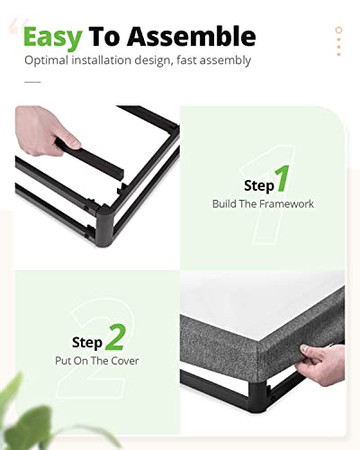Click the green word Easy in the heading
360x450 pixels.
pyautogui.click(x=53, y=38)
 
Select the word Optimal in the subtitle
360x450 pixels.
pyautogui.click(x=46, y=60)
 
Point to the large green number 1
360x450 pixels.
pyautogui.click(x=283, y=178)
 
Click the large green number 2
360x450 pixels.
pyautogui.click(x=115, y=337)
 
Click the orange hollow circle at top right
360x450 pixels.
pyautogui.click(x=339, y=30)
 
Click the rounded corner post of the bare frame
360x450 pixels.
pyautogui.click(x=104, y=226)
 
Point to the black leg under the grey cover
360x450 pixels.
pyautogui.click(x=257, y=394)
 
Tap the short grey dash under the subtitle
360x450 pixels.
pyautogui.click(x=32, y=82)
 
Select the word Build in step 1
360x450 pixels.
pyautogui.click(x=224, y=203)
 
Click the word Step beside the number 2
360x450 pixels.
pyautogui.click(x=87, y=343)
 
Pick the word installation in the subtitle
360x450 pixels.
pyautogui.click(x=101, y=60)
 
